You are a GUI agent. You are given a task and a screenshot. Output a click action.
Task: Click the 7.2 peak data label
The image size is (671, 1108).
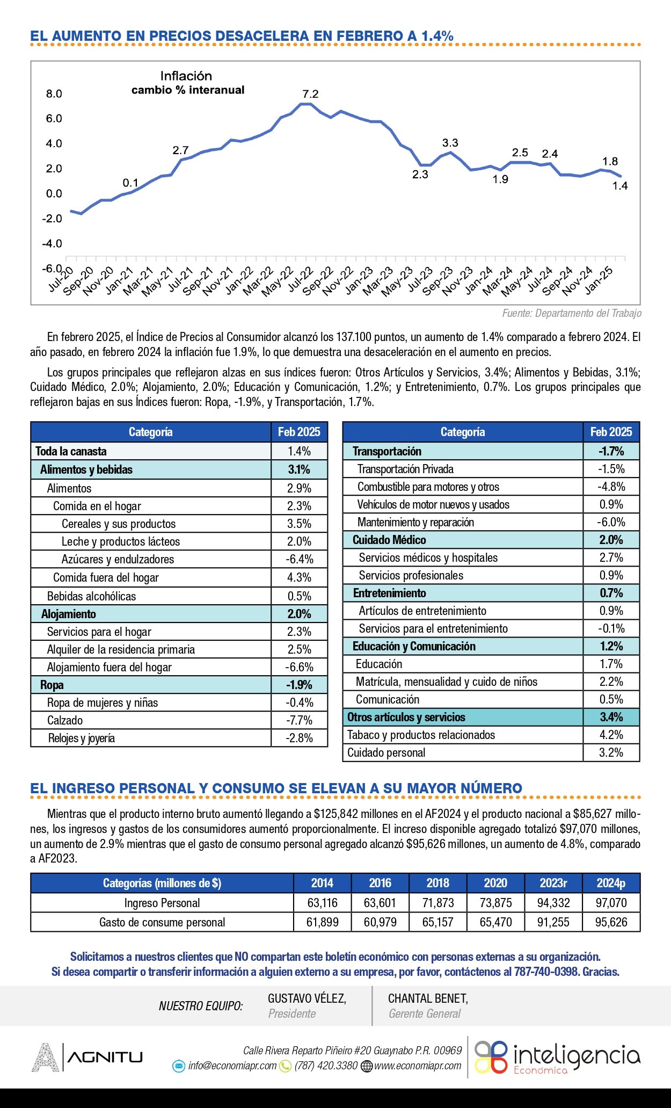pos(310,94)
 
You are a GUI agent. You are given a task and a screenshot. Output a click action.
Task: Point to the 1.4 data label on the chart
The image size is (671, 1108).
pos(620,186)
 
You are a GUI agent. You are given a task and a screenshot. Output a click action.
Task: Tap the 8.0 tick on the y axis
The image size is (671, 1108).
pos(54,93)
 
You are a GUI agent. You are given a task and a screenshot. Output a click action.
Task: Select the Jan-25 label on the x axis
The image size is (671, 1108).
pos(599,280)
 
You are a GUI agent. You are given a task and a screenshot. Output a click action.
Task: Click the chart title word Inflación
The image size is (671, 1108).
pos(186,76)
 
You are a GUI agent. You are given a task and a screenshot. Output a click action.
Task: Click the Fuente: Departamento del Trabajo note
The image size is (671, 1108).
pos(571,313)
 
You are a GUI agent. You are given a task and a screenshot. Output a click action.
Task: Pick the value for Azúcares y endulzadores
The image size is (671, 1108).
pos(299,559)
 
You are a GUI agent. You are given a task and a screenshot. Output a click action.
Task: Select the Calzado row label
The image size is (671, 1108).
pos(65,720)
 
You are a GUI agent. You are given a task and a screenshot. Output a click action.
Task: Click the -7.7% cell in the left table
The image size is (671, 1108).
pos(299,720)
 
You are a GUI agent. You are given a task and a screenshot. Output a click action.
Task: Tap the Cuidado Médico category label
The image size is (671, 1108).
pos(389,540)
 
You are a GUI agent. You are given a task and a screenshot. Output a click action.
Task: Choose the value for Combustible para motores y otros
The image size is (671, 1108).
pos(611,487)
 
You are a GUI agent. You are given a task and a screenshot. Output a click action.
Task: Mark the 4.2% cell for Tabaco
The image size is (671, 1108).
pos(611,735)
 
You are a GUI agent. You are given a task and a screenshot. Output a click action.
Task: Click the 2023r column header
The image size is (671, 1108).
pos(553,883)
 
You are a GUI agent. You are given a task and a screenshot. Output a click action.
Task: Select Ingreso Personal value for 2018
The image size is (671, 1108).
pos(438,903)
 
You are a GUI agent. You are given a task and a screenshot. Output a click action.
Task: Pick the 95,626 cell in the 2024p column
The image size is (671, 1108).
pos(611,922)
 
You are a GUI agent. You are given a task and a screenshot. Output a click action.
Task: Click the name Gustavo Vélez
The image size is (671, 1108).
pos(307,998)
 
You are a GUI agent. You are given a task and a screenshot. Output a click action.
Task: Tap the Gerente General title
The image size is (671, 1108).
pos(425,1013)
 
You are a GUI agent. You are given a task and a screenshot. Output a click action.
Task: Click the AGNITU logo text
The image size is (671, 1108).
pos(105,1058)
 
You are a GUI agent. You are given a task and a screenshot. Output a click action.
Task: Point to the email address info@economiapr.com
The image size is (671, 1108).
pos(232,1066)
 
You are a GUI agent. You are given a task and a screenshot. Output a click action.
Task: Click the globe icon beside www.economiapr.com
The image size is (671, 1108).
pos(367,1066)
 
